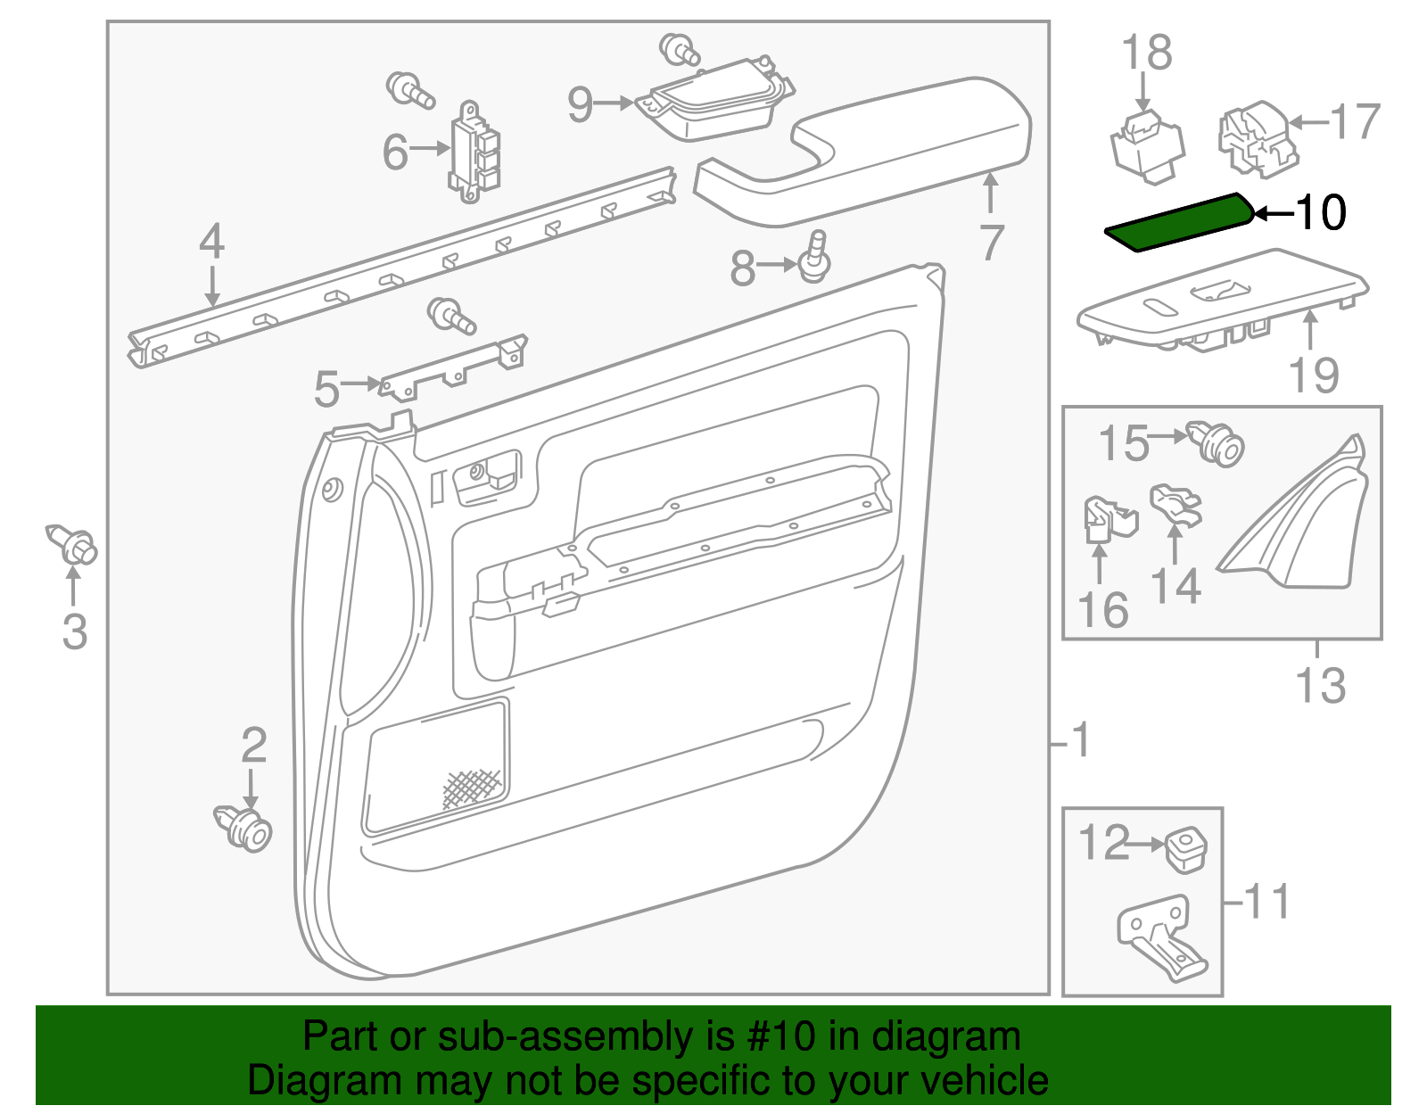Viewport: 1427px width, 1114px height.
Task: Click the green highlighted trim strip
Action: pos(1177,223)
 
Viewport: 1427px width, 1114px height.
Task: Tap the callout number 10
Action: pos(1321,213)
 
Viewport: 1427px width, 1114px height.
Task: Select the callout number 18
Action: pos(1146,53)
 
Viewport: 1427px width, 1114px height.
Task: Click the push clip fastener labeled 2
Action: pos(244,828)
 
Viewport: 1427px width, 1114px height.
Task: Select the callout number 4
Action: pos(211,242)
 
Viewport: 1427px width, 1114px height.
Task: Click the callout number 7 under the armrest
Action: pos(991,243)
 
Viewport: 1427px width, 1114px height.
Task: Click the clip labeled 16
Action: pos(1106,521)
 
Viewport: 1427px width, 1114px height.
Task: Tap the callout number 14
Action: pos(1175,587)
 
